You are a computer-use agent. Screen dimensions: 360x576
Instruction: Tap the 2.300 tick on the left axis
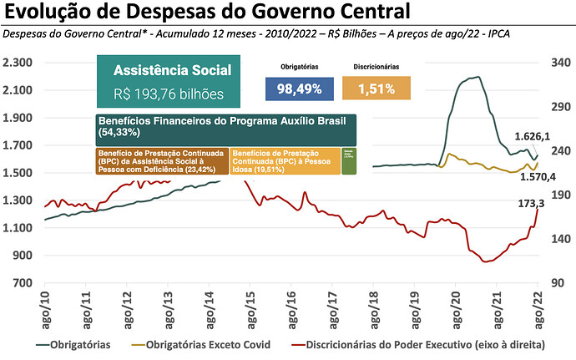(x=17, y=63)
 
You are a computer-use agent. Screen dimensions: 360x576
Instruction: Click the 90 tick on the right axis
(x=557, y=283)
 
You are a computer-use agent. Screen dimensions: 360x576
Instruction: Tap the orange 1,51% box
(x=377, y=89)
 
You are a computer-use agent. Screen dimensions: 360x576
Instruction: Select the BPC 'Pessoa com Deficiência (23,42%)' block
(x=162, y=161)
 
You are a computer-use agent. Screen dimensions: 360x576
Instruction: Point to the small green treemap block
(x=350, y=161)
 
